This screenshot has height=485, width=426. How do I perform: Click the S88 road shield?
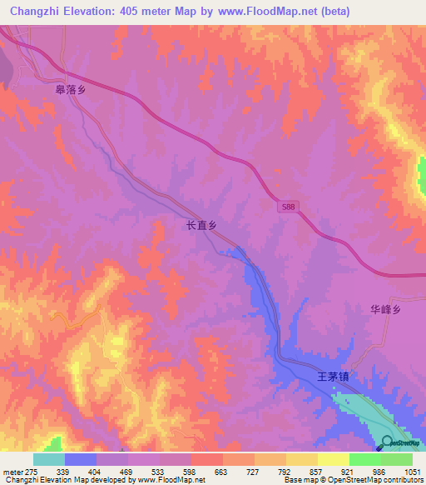pyautogui.click(x=287, y=205)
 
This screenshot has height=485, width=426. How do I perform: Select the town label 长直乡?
pyautogui.click(x=201, y=225)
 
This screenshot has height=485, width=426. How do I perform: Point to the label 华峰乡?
pyautogui.click(x=386, y=309)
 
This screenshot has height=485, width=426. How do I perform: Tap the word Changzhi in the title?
pyautogui.click(x=38, y=12)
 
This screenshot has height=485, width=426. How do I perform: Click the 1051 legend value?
pyautogui.click(x=412, y=471)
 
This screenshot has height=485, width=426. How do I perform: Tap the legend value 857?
pyautogui.click(x=317, y=471)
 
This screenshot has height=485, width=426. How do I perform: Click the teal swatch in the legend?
pyautogui.click(x=48, y=459)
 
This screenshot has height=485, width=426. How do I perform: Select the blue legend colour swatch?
pyautogui.click(x=80, y=459)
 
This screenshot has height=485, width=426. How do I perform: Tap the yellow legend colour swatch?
pyautogui.click(x=333, y=459)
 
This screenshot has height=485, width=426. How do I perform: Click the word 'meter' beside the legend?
pyautogui.click(x=10, y=471)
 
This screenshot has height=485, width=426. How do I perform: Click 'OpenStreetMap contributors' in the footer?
pyautogui.click(x=382, y=480)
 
